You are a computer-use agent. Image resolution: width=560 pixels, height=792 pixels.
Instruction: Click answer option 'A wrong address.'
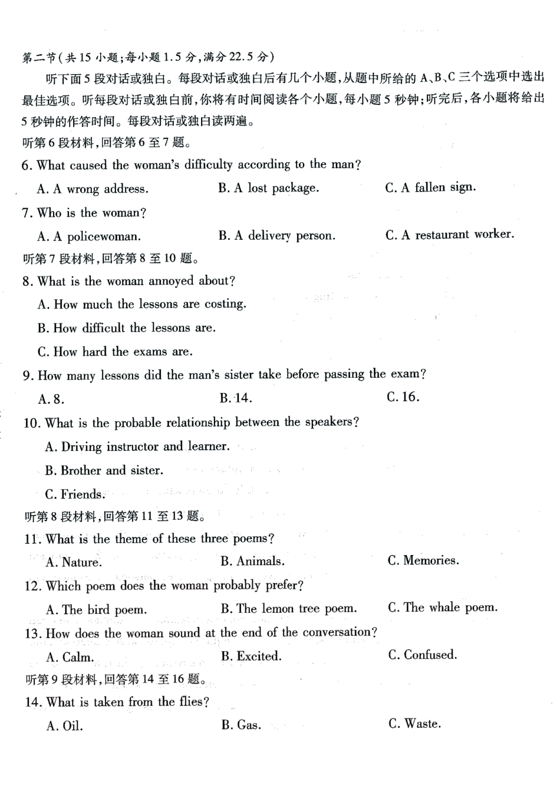tap(93, 189)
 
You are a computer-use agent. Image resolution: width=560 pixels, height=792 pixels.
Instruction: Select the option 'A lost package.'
tap(268, 188)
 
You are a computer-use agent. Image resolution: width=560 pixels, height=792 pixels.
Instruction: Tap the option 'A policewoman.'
tap(89, 237)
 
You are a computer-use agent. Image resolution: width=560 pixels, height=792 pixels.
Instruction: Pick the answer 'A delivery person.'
tap(276, 236)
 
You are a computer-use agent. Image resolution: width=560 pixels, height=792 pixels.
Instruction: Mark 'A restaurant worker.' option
tap(449, 235)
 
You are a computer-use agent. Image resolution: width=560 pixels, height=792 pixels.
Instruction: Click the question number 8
tap(27, 282)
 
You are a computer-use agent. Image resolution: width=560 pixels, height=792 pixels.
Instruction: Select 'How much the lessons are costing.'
tap(141, 305)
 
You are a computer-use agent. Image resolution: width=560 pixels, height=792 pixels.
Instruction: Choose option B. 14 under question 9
tap(236, 398)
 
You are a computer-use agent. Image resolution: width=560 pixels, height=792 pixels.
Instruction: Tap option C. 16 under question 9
tap(403, 397)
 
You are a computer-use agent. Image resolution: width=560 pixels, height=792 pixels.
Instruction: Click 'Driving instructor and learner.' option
tap(137, 447)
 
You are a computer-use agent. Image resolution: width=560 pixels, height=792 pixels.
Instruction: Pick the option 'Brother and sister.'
tap(104, 471)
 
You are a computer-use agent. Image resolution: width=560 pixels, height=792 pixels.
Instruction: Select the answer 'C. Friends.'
tap(75, 494)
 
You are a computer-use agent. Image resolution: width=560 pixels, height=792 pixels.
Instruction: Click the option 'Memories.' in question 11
tap(423, 560)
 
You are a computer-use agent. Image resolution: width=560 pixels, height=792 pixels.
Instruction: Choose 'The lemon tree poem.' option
tap(289, 609)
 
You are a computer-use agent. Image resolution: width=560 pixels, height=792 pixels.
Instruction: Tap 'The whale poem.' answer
tap(443, 608)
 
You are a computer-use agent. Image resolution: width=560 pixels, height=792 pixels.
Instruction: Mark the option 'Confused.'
tap(423, 655)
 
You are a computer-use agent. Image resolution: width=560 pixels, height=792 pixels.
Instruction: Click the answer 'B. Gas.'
tap(241, 725)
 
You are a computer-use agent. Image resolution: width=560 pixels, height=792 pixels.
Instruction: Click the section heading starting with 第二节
tap(147, 57)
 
